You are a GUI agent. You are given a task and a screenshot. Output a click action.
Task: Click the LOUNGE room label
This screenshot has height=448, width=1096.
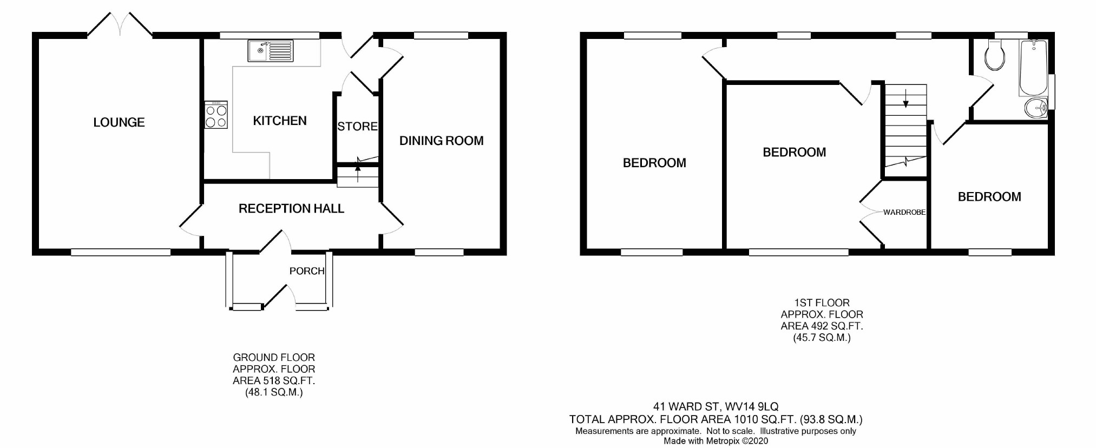(119, 123)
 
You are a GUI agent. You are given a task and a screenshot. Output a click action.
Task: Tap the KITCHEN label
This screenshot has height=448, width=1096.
(279, 121)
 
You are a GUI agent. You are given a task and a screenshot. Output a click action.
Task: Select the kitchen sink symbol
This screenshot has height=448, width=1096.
(270, 51)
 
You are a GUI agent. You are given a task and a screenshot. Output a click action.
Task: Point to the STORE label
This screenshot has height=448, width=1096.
(357, 127)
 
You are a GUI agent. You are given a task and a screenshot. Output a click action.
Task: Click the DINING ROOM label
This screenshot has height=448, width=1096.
(441, 141)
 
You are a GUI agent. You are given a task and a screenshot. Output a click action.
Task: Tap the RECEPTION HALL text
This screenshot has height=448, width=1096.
(291, 209)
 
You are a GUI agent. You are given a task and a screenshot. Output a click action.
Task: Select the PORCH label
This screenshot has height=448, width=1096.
(306, 271)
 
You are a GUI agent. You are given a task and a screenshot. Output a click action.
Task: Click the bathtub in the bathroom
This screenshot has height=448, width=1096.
(1033, 68)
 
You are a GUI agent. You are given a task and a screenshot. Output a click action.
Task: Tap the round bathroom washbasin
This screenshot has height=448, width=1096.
(1036, 108)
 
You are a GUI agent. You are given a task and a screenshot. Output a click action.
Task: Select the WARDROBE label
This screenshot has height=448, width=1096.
(904, 213)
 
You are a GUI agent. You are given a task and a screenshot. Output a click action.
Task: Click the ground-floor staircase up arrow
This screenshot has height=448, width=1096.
(357, 169)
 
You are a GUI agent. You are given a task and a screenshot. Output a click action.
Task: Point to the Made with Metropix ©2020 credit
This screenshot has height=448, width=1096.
(716, 441)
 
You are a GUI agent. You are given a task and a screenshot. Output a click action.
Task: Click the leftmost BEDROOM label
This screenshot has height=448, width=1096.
(654, 163)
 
